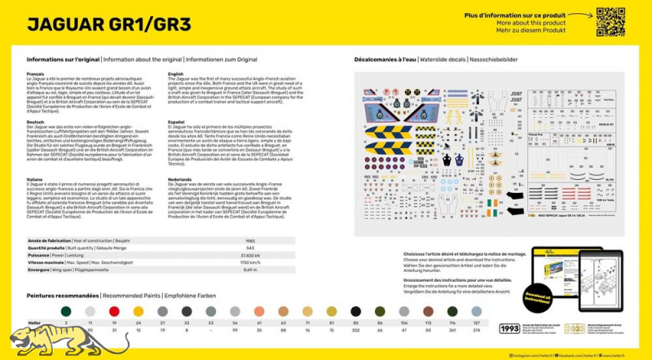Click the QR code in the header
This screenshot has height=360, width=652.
pyautogui.click(x=610, y=22)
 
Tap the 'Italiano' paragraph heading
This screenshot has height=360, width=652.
pyautogui.click(x=33, y=178)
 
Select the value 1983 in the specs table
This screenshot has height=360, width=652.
pyautogui.click(x=251, y=241)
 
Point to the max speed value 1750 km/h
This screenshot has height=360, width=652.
pyautogui.click(x=250, y=263)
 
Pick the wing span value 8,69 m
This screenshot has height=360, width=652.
pyautogui.click(x=250, y=270)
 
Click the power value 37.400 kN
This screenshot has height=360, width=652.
pyautogui.click(x=250, y=256)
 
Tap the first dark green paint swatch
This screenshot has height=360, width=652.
pyautogui.click(x=67, y=311)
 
